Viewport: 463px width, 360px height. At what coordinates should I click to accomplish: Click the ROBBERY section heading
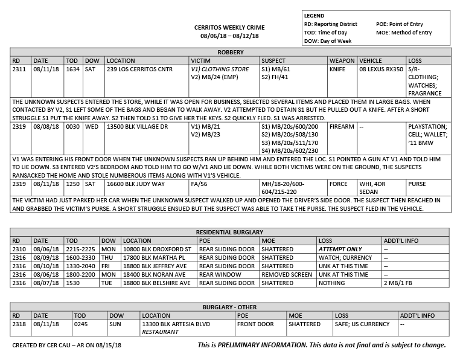point(231,53)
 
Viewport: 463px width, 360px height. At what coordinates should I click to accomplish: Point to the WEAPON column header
point(342,61)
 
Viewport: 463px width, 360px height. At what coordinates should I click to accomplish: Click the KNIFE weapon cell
point(337,69)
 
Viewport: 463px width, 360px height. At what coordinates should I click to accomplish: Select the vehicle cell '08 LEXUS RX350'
point(382,69)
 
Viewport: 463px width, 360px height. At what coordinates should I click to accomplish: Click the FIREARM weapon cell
point(342,127)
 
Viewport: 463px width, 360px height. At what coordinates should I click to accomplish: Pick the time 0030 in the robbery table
point(73,127)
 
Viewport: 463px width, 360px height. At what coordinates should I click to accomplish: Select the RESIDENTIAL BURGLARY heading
point(231,233)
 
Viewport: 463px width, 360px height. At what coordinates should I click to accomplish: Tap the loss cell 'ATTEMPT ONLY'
point(340,249)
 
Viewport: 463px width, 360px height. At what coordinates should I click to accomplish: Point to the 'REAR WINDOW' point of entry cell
point(219,274)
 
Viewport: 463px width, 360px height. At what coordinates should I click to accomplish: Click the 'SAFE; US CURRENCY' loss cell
point(362,324)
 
